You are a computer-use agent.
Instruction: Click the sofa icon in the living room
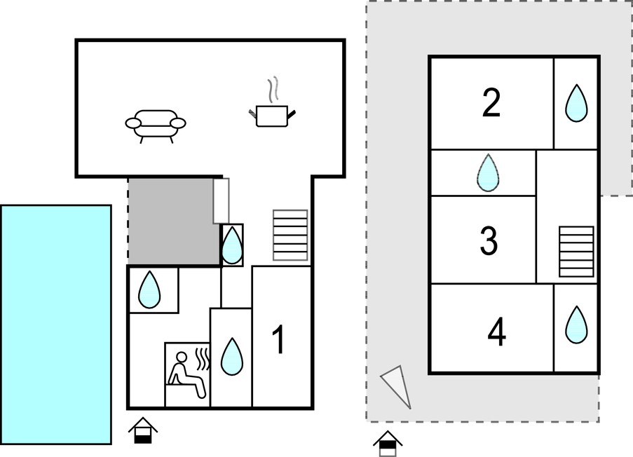[x=156, y=126]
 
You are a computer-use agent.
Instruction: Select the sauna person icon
[x=189, y=374]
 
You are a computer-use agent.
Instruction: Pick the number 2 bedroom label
[x=491, y=103]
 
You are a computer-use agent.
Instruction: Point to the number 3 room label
[x=489, y=240]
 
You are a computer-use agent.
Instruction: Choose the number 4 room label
[x=497, y=332]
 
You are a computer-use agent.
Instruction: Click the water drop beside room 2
[x=576, y=103]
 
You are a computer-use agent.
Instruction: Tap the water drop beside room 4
[x=576, y=325]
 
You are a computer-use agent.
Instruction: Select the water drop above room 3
[x=488, y=173]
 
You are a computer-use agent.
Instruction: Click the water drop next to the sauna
[x=232, y=357]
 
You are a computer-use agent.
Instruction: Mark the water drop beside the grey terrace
[x=232, y=245]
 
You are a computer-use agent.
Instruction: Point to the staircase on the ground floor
[x=290, y=235]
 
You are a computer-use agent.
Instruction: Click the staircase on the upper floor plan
[x=576, y=252]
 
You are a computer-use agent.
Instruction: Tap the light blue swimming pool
[x=56, y=325]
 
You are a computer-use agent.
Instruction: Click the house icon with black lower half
[x=142, y=431]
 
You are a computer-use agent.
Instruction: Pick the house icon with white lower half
[x=388, y=443]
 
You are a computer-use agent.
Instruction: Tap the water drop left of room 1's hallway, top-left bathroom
[x=149, y=289]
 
